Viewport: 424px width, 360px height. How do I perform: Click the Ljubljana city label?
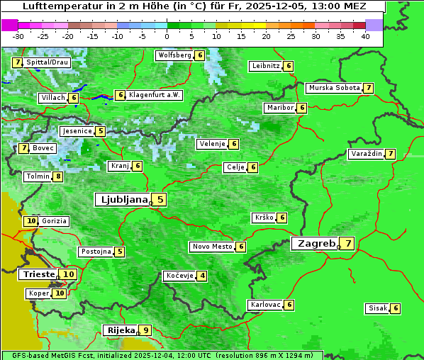pos(122,200)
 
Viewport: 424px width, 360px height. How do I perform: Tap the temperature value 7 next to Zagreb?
pos(348,244)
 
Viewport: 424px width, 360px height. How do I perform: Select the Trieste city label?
pos(38,274)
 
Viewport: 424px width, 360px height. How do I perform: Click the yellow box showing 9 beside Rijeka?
pos(146,330)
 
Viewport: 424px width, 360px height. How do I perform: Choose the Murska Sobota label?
pos(333,88)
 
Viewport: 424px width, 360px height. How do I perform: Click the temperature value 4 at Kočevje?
pos(203,276)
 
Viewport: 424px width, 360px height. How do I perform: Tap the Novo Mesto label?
pos(212,247)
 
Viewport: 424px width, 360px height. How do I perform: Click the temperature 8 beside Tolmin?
pos(58,176)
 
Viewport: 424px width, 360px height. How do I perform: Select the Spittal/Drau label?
pos(48,62)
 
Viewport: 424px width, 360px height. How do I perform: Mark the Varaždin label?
pos(367,154)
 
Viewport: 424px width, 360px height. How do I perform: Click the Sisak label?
pos(376,308)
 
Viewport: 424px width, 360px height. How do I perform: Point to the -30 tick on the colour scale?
pos(18,36)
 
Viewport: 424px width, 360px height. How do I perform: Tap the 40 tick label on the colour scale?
pos(365,36)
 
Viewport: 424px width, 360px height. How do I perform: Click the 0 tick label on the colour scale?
pos(167,36)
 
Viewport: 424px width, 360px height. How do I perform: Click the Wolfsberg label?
pos(174,55)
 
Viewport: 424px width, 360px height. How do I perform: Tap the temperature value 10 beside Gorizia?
pos(30,221)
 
